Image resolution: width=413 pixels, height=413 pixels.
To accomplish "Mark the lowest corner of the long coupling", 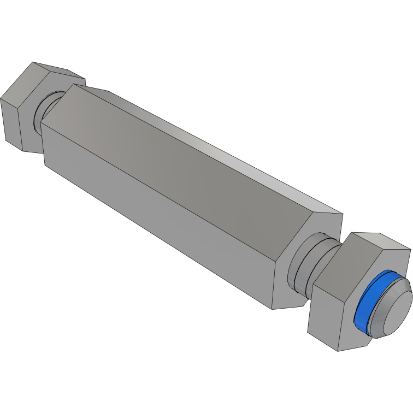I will [272, 309].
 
